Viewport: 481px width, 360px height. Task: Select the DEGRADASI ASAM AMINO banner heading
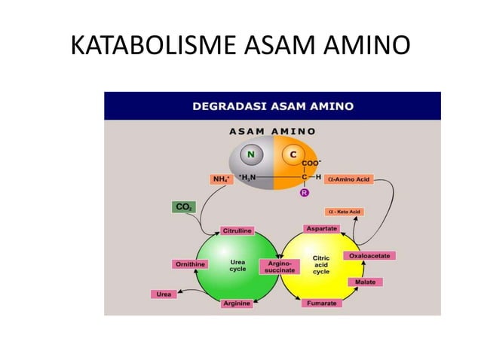coord(272,105)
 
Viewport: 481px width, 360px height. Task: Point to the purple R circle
coord(305,194)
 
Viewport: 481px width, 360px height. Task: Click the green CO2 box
coord(184,206)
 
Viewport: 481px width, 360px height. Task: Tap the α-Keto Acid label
coord(343,212)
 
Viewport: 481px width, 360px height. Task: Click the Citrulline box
coord(237,230)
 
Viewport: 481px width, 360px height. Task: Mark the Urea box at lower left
coord(164,293)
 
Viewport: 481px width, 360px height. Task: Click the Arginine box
coord(237,303)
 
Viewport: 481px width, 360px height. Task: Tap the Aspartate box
coord(320,227)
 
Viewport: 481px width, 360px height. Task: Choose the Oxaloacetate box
coord(369,256)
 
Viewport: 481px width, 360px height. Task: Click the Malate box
coord(365,282)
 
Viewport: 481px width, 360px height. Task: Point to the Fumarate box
coord(320,303)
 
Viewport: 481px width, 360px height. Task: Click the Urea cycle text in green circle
coord(237,266)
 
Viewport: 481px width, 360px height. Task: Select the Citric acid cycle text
coord(321,265)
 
